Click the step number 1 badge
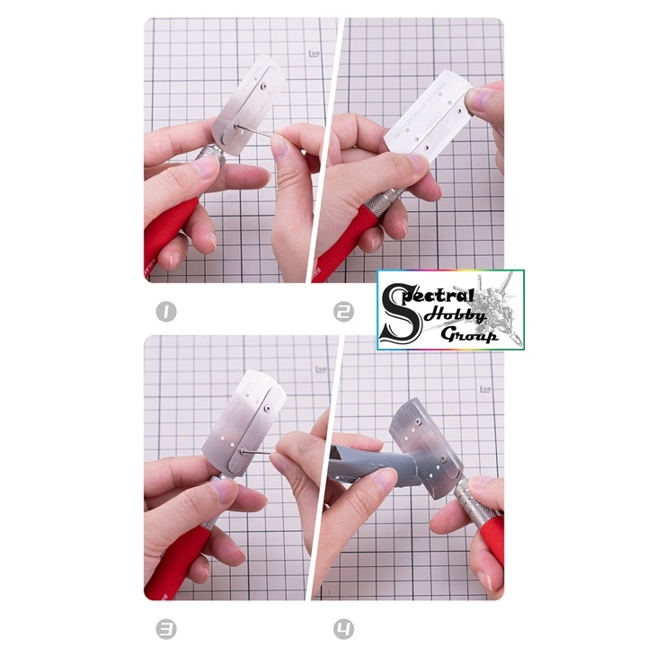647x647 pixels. (x=164, y=313)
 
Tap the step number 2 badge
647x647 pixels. (x=343, y=313)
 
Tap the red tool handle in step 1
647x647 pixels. (x=170, y=234)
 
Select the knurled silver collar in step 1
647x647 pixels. (x=212, y=161)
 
